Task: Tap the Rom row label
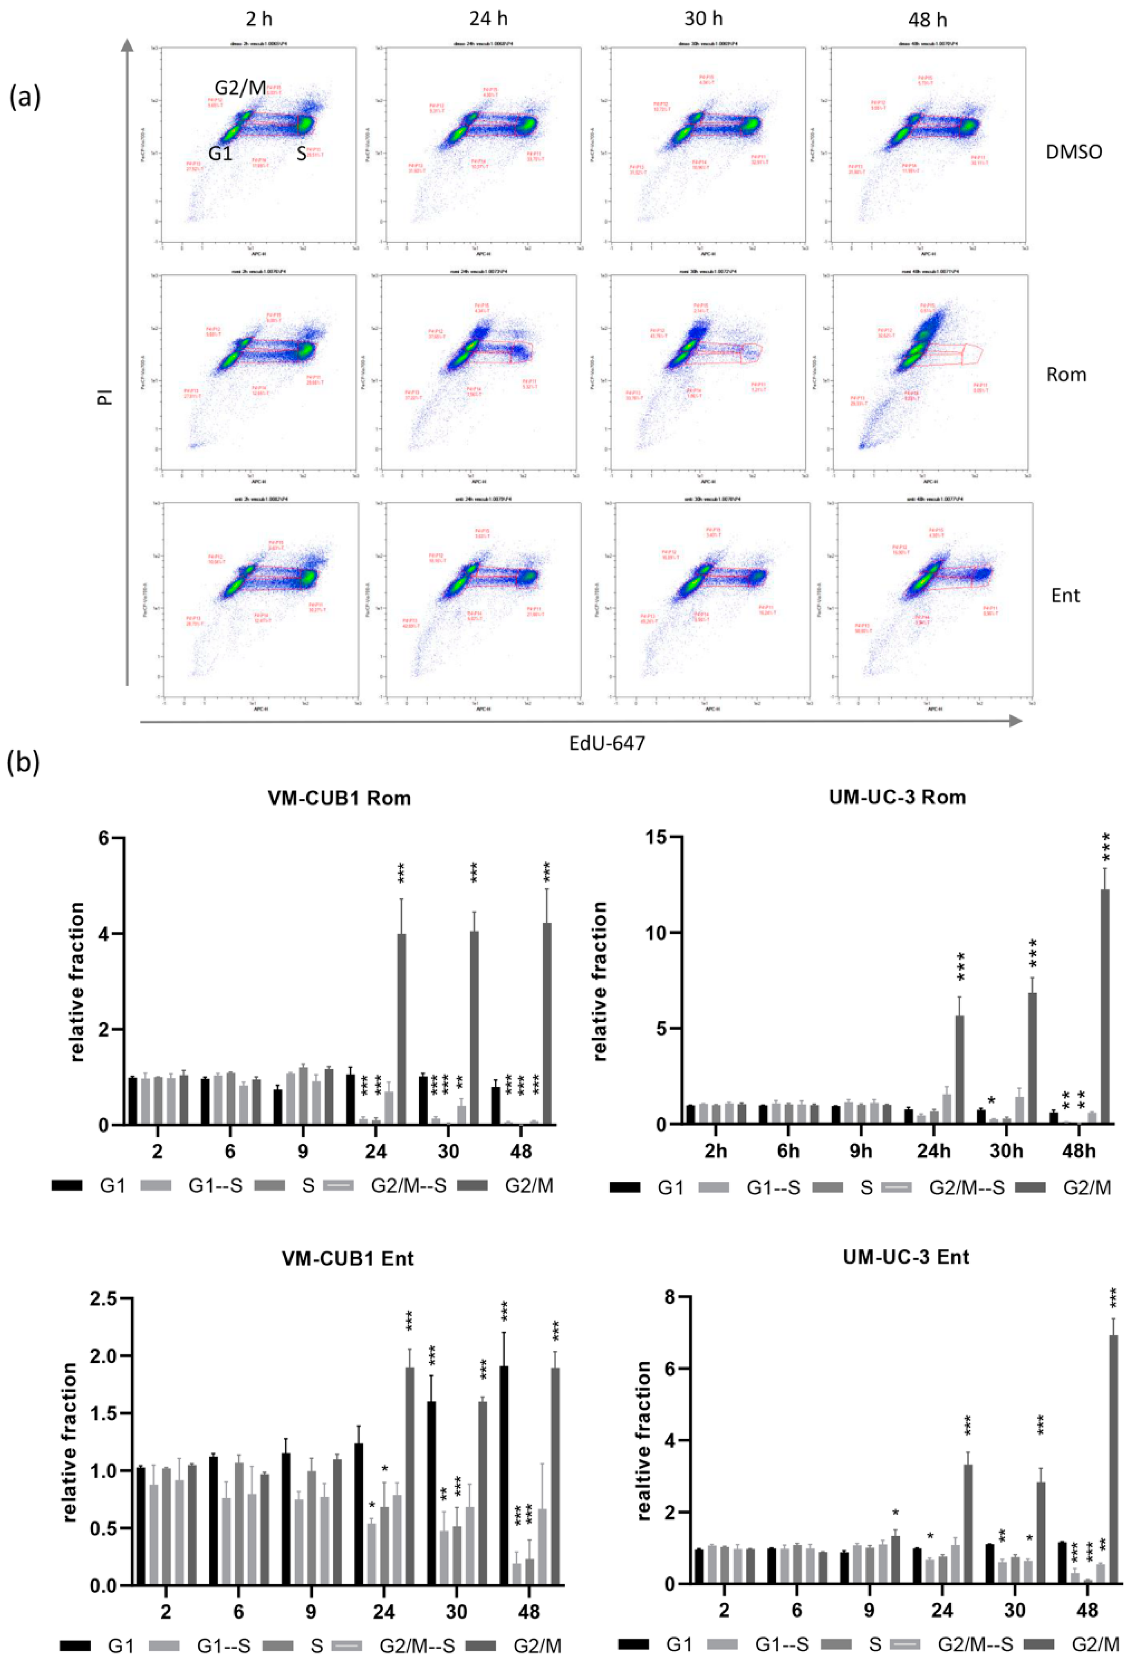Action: click(1065, 375)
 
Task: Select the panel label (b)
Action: click(24, 763)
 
